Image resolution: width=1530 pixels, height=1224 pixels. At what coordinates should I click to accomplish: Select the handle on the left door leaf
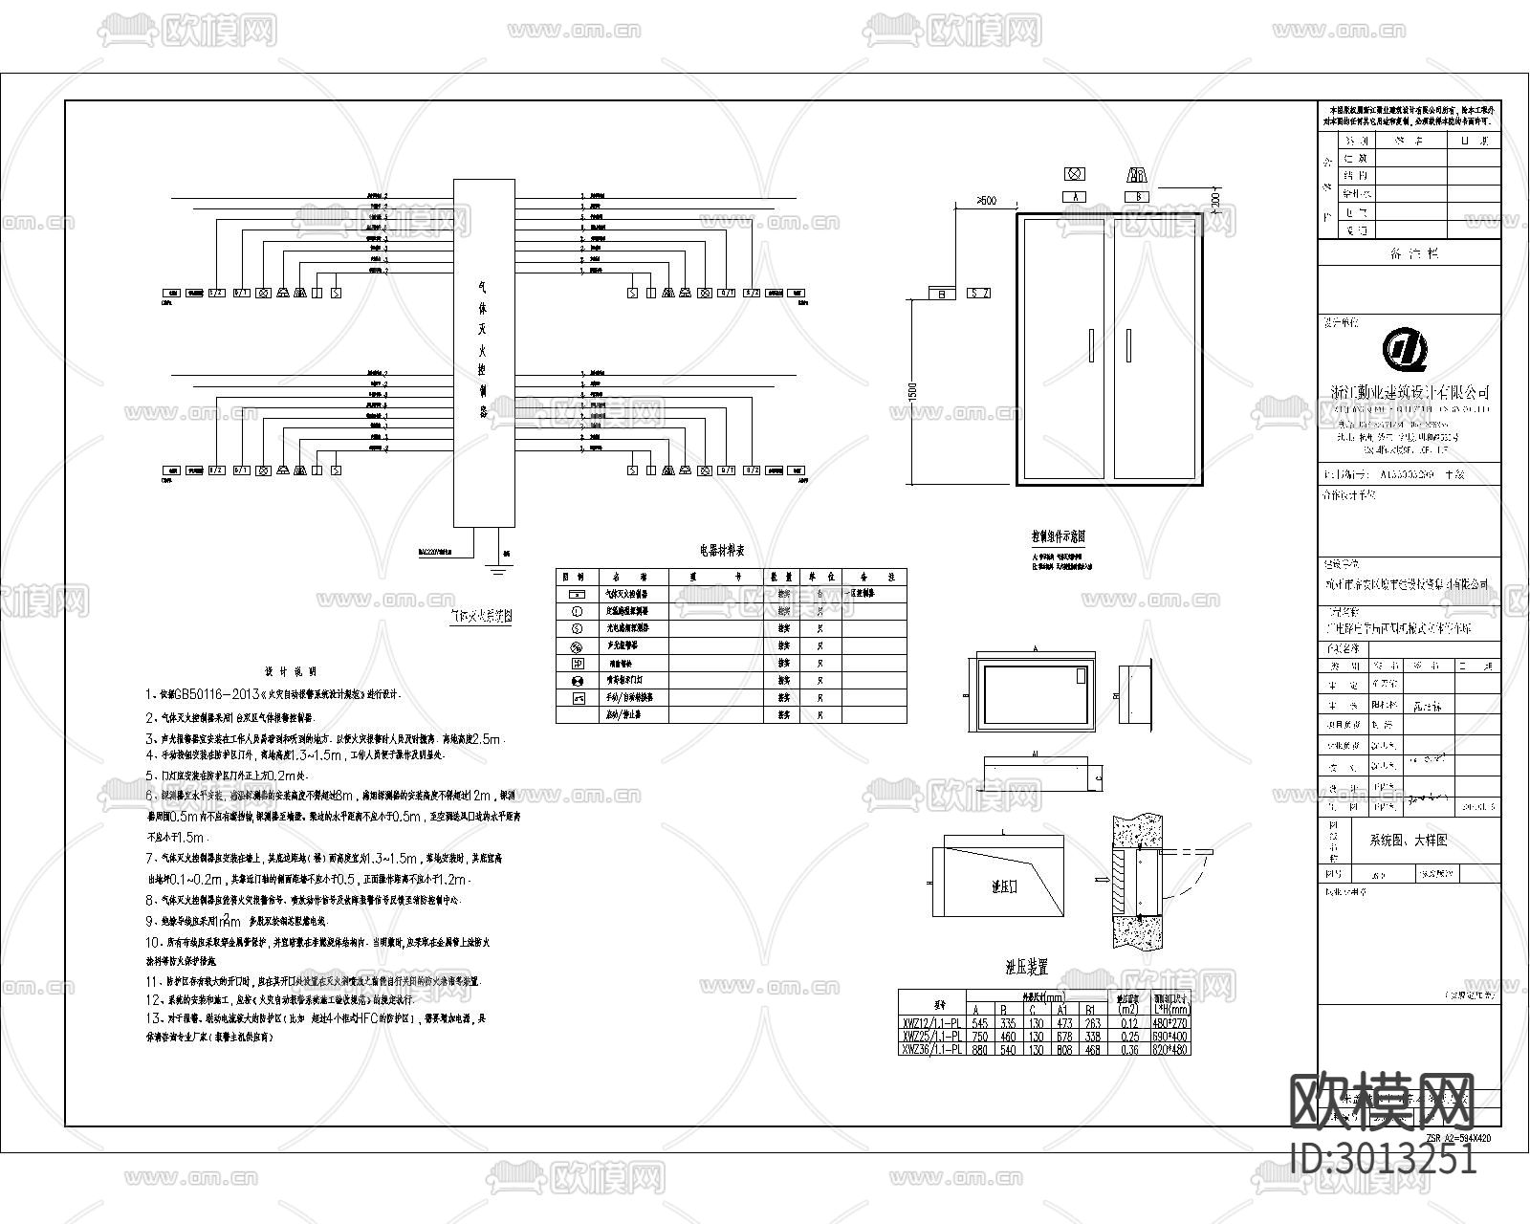click(x=1091, y=345)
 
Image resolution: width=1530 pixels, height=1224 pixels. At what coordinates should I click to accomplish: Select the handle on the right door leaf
click(x=1129, y=345)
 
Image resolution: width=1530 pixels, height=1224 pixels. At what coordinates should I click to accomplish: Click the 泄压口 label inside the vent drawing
click(x=1004, y=886)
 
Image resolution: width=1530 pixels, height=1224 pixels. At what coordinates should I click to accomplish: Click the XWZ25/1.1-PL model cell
click(x=932, y=1037)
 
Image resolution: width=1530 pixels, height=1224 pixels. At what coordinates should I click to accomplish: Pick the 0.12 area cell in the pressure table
click(x=1128, y=1023)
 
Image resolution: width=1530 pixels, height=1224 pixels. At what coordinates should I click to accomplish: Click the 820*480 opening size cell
click(x=1171, y=1049)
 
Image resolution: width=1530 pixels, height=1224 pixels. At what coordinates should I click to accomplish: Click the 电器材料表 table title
click(x=722, y=551)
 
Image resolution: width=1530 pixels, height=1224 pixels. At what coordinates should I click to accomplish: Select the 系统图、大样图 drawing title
click(x=1409, y=841)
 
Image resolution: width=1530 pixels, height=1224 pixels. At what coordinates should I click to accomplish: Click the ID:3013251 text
click(x=1383, y=1158)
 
